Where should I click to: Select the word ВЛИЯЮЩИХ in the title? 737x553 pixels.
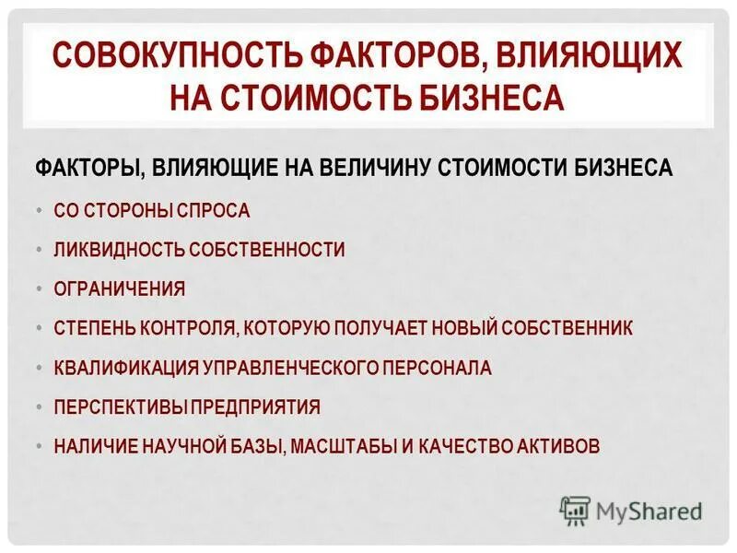click(x=592, y=57)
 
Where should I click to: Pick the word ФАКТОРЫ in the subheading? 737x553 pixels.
click(x=88, y=169)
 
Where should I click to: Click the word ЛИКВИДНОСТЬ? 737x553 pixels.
click(x=119, y=250)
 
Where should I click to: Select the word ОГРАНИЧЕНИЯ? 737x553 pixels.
click(x=120, y=289)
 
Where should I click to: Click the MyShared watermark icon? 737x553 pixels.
click(x=575, y=510)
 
